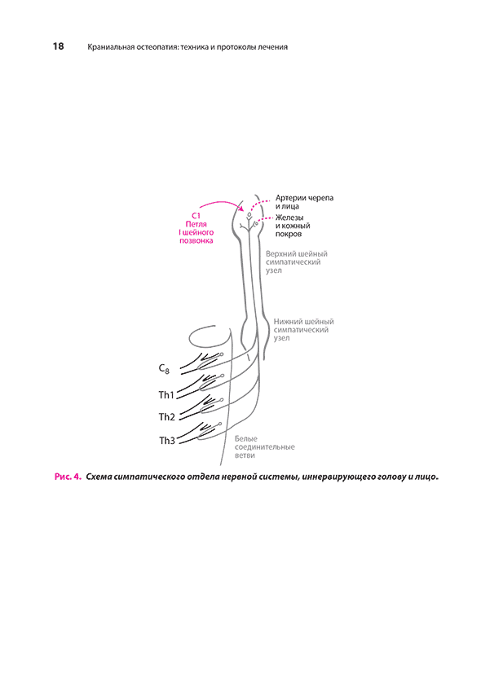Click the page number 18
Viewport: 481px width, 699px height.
[58, 46]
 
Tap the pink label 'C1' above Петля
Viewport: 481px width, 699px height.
[196, 216]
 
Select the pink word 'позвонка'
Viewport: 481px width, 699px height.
[196, 240]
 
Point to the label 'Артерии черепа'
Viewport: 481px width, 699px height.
[304, 198]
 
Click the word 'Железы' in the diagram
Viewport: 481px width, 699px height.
[289, 218]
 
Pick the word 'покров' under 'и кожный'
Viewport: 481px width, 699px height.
[289, 234]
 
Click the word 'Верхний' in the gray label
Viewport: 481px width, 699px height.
[280, 253]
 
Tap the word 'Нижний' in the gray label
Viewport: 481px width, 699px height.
[287, 322]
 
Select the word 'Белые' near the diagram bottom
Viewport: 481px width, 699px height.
[246, 438]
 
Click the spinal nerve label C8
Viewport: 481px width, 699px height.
[164, 369]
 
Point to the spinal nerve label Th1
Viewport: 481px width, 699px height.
[166, 395]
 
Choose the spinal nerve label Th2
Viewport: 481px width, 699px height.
[167, 417]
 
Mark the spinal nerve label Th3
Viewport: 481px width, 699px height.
[167, 441]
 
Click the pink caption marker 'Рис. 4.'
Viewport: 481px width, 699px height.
[68, 477]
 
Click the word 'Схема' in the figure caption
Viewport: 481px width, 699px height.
[99, 477]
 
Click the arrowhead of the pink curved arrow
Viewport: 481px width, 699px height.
[241, 209]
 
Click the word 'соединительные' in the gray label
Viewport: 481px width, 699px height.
[265, 447]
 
